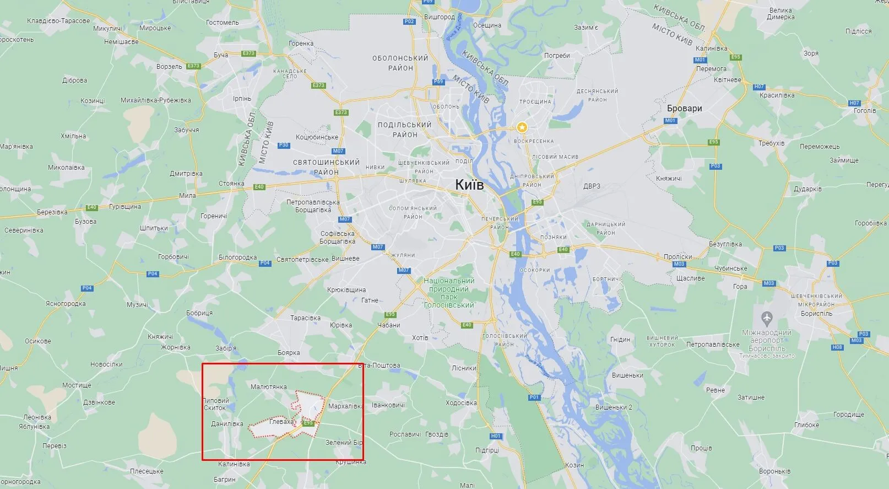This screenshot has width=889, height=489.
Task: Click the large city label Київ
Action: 469,185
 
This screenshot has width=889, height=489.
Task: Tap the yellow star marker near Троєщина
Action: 522,127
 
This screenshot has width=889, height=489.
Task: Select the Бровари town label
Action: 684,108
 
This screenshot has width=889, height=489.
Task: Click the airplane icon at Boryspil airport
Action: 766,318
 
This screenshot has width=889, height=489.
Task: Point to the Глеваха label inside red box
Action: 281,422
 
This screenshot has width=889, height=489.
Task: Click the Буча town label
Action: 221,55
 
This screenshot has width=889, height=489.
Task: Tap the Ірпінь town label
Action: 242,99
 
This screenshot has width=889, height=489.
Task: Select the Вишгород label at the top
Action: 439,17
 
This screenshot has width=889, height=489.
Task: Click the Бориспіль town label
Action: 816,313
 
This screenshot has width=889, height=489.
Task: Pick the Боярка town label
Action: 289,353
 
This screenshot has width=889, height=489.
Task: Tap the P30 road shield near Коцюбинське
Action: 284,145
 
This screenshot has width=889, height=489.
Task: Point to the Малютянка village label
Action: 268,387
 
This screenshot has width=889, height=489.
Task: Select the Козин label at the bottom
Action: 574,465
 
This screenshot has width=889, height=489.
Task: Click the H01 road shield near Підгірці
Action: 496,436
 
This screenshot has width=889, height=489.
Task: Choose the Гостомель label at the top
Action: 222,23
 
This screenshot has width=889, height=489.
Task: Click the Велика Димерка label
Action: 780,14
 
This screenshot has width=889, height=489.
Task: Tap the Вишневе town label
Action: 345,259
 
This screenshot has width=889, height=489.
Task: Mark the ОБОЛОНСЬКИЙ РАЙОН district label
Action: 400,63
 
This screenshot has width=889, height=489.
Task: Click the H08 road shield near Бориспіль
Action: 837,347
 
